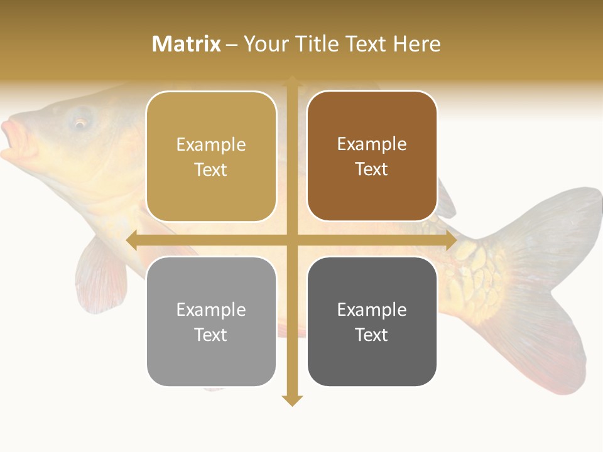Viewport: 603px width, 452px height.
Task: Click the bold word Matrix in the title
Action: pyautogui.click(x=187, y=44)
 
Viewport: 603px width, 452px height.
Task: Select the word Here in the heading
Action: pyautogui.click(x=417, y=44)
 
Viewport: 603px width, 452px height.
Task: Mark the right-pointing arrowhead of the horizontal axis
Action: pyautogui.click(x=451, y=240)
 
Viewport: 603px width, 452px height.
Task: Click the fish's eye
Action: pyautogui.click(x=80, y=122)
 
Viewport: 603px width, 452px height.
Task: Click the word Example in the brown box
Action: pyautogui.click(x=372, y=144)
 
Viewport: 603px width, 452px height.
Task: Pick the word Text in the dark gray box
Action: pyautogui.click(x=372, y=335)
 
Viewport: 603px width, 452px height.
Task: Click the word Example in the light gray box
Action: pyautogui.click(x=211, y=309)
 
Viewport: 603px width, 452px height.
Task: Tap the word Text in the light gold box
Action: pyautogui.click(x=211, y=169)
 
